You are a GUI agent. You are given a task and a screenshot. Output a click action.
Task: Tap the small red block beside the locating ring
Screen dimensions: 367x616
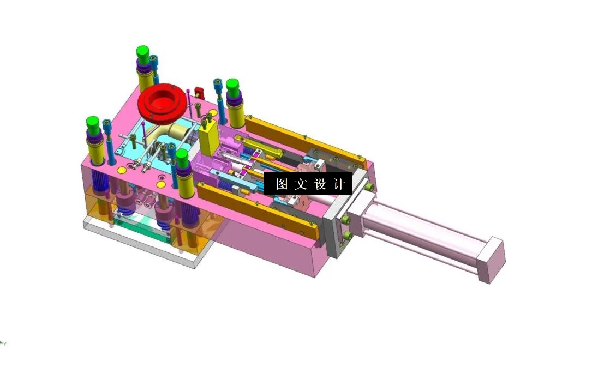[x=199, y=93]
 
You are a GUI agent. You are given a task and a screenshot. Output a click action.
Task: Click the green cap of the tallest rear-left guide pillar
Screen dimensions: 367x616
[x=143, y=53]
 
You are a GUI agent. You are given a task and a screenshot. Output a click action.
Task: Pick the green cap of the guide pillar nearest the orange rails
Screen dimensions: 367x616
[x=233, y=85]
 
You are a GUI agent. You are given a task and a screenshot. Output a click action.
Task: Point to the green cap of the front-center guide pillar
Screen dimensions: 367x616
[x=182, y=158]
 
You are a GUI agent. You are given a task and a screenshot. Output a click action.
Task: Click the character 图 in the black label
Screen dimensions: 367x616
[x=282, y=184]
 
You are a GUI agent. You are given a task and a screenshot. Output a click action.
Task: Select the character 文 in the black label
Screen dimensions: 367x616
[x=301, y=184]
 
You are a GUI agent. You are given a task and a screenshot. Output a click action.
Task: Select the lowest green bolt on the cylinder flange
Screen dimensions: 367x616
[x=347, y=236]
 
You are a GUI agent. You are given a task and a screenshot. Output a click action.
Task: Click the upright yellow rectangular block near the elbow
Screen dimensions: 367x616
[x=208, y=138]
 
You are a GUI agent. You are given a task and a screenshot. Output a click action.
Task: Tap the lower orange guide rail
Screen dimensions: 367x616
[x=256, y=210]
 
